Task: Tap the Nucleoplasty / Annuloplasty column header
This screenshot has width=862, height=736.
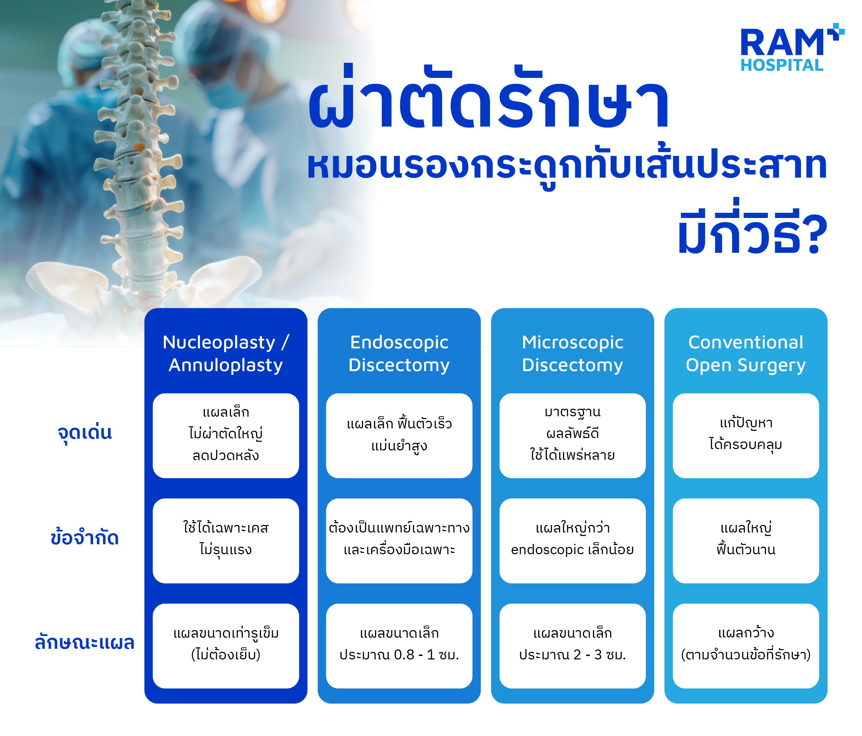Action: point(225,353)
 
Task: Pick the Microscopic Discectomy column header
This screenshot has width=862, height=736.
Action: point(572,353)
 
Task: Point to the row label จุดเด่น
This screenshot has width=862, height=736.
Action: point(84,433)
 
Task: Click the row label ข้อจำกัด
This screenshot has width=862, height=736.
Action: point(84,538)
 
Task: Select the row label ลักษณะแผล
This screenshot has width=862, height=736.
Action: point(84,643)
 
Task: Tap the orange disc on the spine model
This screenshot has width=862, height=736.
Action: point(139,147)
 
